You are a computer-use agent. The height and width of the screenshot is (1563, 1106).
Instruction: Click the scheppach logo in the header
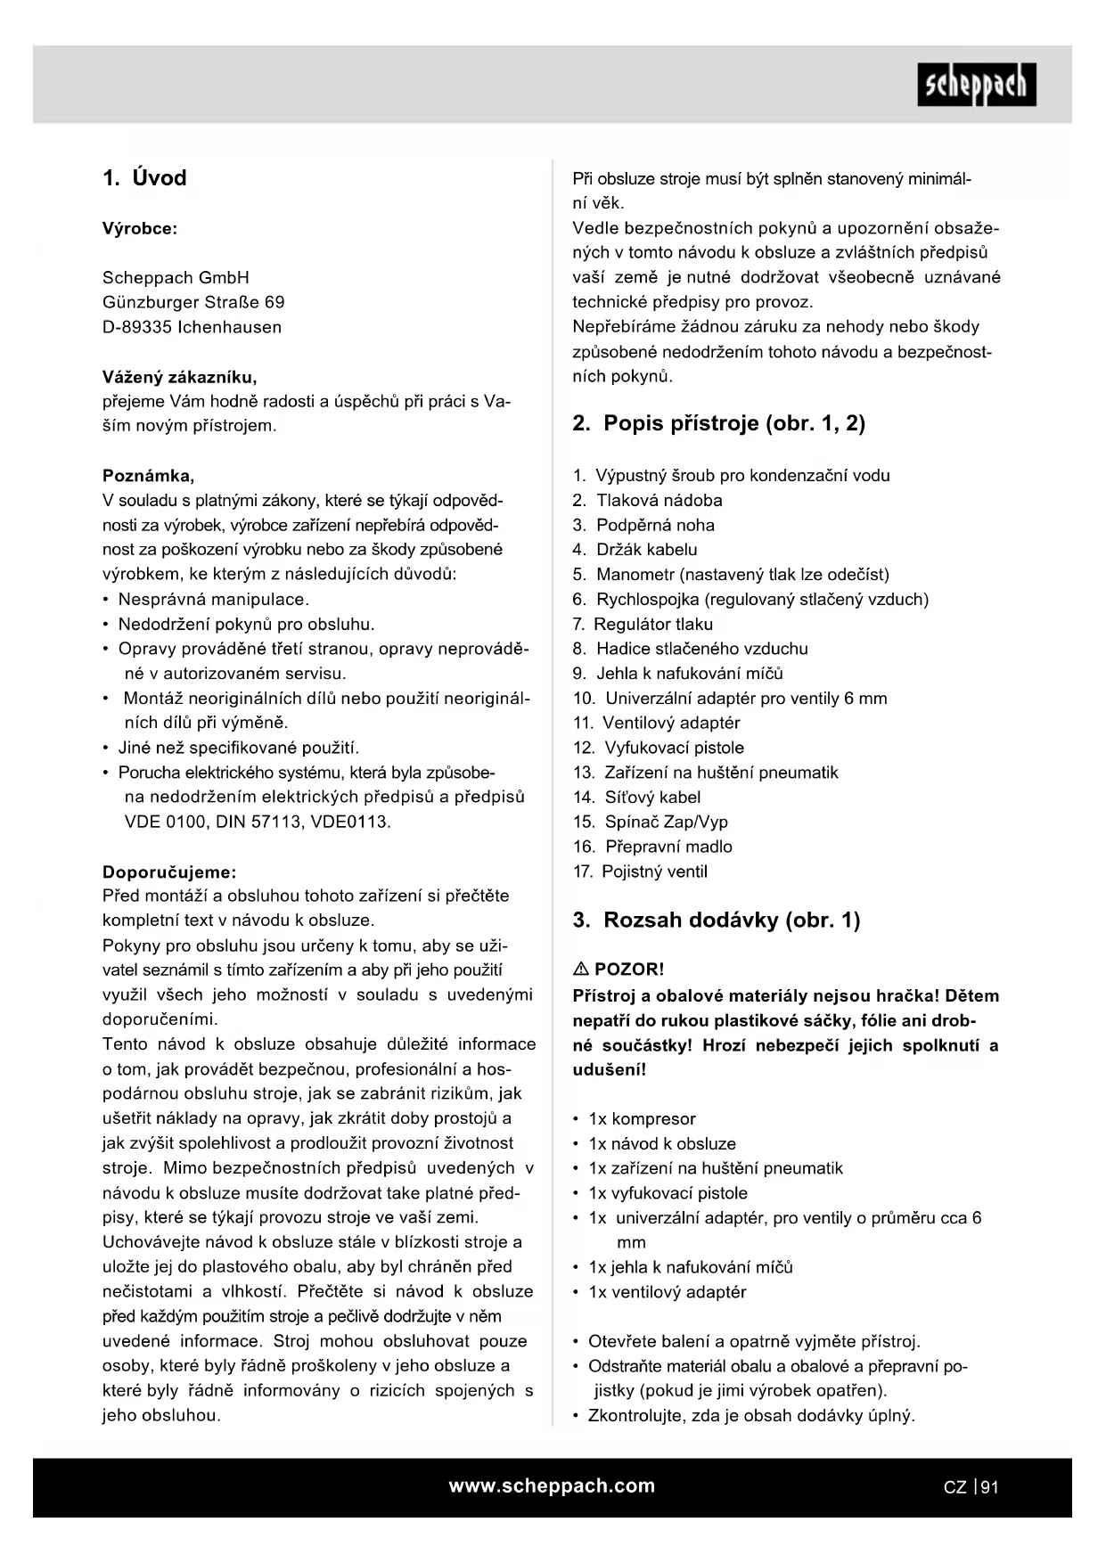point(977,85)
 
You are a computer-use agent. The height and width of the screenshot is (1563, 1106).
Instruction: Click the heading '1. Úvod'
point(144,178)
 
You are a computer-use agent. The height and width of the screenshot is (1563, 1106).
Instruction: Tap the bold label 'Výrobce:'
point(140,229)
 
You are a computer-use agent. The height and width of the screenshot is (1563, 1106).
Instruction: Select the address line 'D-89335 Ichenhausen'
point(192,327)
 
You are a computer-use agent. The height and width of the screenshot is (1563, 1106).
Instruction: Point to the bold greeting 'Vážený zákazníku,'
point(179,377)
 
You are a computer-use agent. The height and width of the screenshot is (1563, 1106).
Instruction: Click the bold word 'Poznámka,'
point(148,476)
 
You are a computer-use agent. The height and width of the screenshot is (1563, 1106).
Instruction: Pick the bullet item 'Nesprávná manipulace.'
point(214,600)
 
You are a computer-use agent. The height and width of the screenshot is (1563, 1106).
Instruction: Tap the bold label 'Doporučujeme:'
point(169,872)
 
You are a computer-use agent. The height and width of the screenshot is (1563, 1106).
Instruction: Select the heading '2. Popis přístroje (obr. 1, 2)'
point(718,423)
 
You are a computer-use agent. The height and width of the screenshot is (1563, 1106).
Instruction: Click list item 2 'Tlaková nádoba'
point(659,501)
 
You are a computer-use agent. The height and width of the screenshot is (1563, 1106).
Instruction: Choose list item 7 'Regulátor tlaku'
point(652,625)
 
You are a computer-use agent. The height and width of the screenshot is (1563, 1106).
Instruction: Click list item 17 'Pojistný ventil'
point(654,872)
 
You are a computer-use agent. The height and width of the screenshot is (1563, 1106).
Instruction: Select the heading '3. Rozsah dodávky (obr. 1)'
point(716,921)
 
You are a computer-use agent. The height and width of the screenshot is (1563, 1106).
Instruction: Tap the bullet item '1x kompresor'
point(642,1119)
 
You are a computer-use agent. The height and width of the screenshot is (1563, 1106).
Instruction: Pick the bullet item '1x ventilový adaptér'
point(667,1292)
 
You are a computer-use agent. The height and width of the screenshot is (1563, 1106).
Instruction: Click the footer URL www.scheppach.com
point(552,1486)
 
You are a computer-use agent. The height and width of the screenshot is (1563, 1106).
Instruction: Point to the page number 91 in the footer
point(989,1487)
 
